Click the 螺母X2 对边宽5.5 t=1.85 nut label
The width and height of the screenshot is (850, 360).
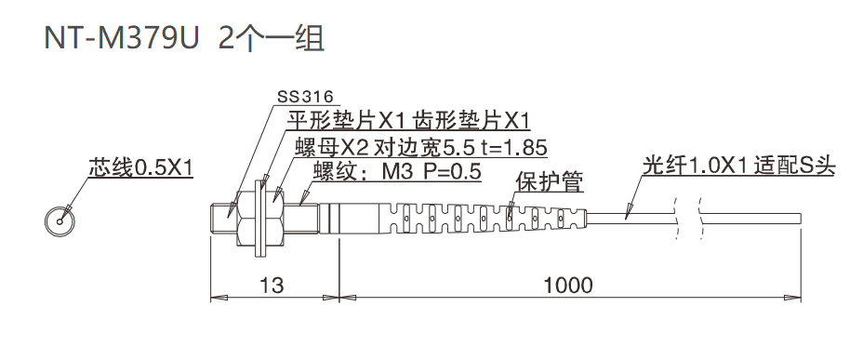(x=419, y=147)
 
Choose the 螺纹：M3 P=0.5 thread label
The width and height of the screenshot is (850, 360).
(x=396, y=171)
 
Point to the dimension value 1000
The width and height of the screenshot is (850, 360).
(x=566, y=285)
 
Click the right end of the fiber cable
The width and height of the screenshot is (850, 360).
(x=799, y=218)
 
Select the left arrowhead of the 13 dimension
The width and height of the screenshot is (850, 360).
(x=217, y=299)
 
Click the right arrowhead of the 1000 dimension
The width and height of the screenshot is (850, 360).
(x=796, y=299)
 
